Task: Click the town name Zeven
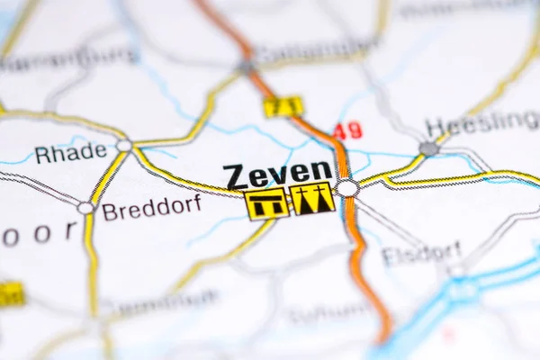coord(278,174)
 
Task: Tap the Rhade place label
coord(70,153)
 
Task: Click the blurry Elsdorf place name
coord(420,254)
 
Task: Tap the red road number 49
coord(347,130)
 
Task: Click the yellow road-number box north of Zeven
coord(283,107)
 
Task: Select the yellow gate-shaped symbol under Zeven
coord(267,204)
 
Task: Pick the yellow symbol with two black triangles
coord(312,199)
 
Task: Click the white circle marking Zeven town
coord(347,188)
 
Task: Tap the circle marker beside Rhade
coord(124,145)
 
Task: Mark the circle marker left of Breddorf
coord(85,208)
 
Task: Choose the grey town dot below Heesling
coord(429,148)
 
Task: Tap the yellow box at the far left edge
coord(10,294)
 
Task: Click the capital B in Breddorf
coord(109,212)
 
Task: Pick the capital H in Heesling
coord(435,128)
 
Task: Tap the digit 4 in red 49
coord(341,130)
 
